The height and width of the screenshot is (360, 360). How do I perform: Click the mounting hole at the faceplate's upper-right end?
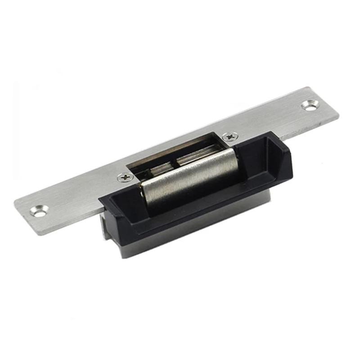(x=310, y=105)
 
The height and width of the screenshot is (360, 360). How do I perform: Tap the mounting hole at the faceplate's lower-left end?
(x=40, y=210)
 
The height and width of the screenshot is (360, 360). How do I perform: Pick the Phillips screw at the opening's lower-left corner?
(x=125, y=177)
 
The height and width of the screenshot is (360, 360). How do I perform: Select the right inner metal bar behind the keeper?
(x=198, y=155)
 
